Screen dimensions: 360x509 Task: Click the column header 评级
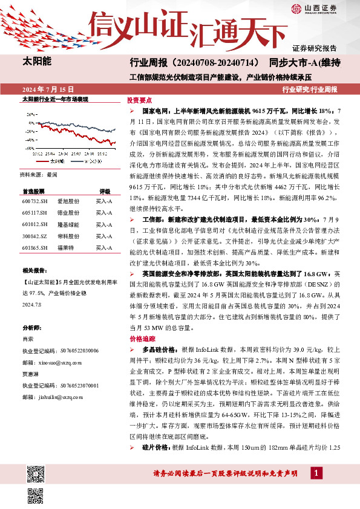[x=104, y=189]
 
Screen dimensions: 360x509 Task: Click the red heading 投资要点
[x=139, y=100]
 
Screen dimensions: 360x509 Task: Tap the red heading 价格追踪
[x=139, y=339]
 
